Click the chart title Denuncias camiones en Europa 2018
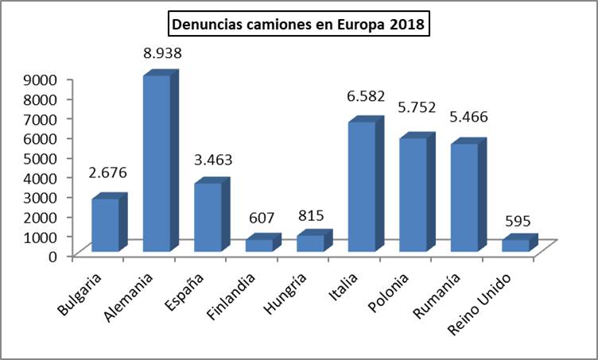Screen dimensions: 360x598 click(300, 25)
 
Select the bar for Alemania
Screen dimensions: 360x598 click(156, 163)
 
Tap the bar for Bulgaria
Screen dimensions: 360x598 click(105, 225)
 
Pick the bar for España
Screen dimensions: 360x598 click(208, 217)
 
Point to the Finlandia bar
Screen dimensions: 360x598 click(259, 245)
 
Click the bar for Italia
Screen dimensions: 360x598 click(362, 187)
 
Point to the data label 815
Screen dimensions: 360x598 click(313, 215)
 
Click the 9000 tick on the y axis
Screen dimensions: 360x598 click(39, 79)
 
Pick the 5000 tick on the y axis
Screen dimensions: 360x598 click(39, 157)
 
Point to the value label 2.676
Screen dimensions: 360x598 click(109, 173)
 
